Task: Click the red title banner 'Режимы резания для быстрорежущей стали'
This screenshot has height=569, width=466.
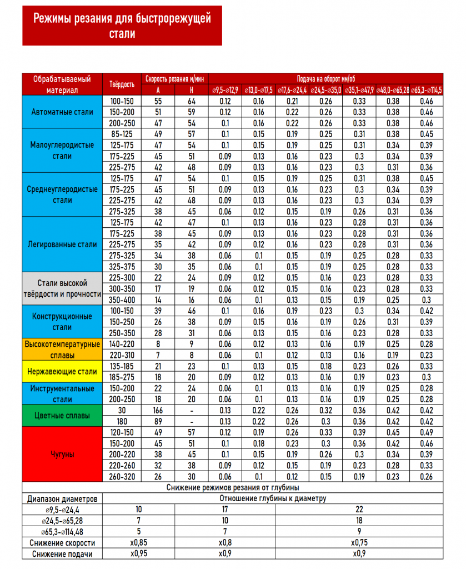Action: (122, 26)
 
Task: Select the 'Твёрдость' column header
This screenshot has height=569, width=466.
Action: (122, 84)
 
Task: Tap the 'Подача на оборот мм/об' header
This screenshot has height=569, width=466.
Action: (326, 79)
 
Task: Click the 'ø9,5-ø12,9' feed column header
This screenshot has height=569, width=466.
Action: (226, 90)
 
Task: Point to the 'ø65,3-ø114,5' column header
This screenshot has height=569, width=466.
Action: (426, 90)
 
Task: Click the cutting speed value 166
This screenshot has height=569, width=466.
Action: (158, 410)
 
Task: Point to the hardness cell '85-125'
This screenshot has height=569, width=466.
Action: (122, 134)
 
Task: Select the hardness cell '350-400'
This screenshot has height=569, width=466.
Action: (122, 300)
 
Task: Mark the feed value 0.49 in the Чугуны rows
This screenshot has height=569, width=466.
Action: (426, 432)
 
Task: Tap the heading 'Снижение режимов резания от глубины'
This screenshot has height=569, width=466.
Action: (232, 487)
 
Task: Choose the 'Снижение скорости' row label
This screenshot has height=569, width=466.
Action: (63, 543)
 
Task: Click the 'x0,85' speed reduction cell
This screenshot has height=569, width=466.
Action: (139, 543)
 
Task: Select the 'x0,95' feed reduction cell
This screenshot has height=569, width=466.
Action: (139, 553)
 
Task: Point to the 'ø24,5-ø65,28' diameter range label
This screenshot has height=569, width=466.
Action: (63, 521)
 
